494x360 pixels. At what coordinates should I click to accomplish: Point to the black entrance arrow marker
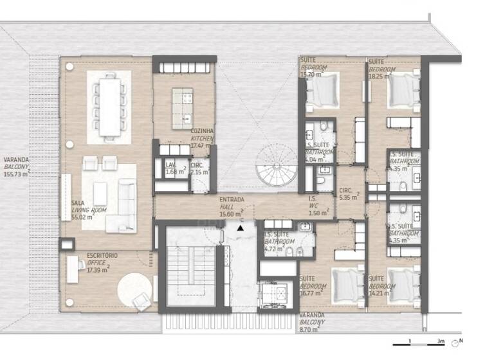(x=241, y=227)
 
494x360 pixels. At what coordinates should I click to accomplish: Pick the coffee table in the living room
(x=100, y=192)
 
